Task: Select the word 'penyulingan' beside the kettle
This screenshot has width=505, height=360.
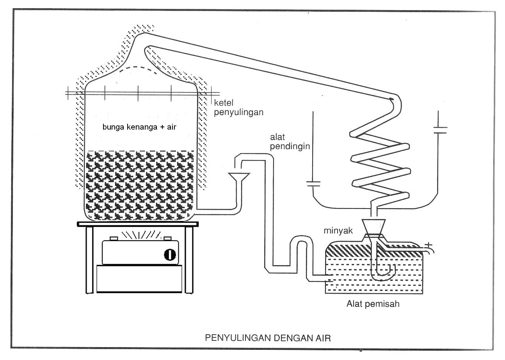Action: click(x=238, y=112)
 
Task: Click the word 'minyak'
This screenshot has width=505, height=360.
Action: click(x=338, y=231)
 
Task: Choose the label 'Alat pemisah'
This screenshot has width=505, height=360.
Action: click(x=373, y=304)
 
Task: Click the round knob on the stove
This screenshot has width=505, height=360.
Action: click(x=170, y=255)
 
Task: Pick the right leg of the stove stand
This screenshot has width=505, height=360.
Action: click(x=190, y=260)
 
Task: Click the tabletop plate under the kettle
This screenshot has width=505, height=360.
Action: click(x=138, y=224)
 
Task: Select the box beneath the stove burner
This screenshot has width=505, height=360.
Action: click(x=140, y=278)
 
